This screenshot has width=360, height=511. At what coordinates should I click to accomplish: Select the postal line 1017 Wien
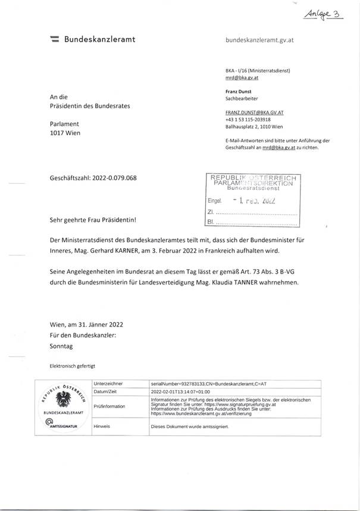[65, 133]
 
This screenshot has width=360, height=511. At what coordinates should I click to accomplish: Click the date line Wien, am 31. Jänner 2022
[87, 325]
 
